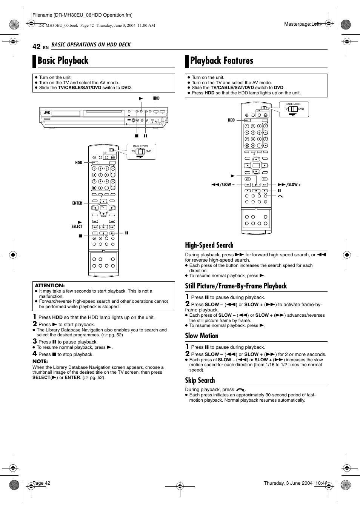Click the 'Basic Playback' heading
63,61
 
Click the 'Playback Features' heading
222,61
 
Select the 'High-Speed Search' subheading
209,245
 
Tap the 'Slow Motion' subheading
202,336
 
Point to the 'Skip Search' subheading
200,381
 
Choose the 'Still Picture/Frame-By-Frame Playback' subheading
236,286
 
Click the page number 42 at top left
36,46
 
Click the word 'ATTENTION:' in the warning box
50,286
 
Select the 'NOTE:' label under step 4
40,361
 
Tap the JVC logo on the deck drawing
47,112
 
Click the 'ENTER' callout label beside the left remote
77,203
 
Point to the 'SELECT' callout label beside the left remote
77,226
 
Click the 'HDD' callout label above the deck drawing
156,98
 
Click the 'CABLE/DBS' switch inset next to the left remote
141,151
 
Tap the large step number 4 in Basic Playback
35,354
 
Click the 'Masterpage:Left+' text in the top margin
303,24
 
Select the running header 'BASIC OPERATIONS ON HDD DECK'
91,45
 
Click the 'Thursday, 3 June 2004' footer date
288,483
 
